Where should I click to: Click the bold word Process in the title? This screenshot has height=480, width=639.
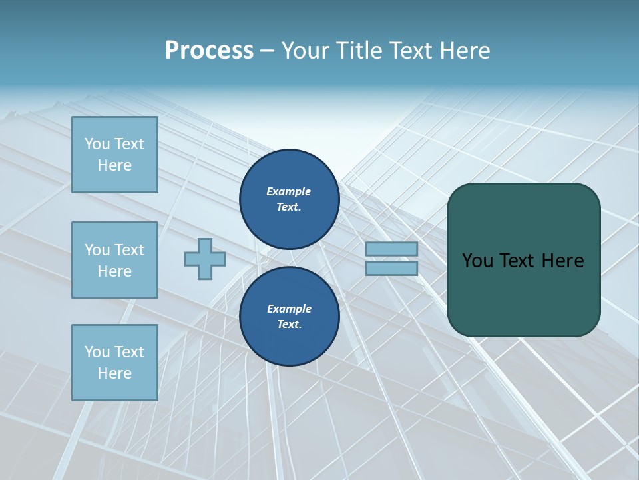pyautogui.click(x=209, y=51)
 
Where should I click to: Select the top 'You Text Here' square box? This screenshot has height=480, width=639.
pyautogui.click(x=114, y=155)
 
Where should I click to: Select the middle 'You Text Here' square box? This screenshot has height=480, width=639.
pyautogui.click(x=114, y=260)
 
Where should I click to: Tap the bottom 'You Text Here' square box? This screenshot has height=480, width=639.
pyautogui.click(x=114, y=363)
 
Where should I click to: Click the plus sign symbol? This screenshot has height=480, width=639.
pyautogui.click(x=204, y=259)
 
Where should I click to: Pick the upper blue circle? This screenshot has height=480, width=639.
pyautogui.click(x=289, y=199)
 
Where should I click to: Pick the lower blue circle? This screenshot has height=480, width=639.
pyautogui.click(x=289, y=316)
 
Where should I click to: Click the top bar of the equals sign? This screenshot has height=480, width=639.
pyautogui.click(x=391, y=249)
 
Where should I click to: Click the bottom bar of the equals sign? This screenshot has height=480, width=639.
pyautogui.click(x=391, y=269)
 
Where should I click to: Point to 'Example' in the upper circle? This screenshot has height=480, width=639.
pyautogui.click(x=288, y=191)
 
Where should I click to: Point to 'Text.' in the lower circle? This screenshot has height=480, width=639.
pyautogui.click(x=289, y=324)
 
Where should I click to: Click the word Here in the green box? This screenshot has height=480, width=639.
pyautogui.click(x=562, y=261)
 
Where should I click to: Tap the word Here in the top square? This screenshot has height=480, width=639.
pyautogui.click(x=114, y=165)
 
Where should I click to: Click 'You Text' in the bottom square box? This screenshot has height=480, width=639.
pyautogui.click(x=114, y=352)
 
